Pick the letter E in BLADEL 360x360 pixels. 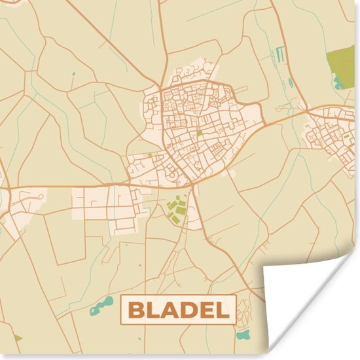point(207,309)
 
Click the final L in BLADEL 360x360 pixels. point(224,309)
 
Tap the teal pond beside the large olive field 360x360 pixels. point(338,83)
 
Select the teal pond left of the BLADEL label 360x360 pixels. point(101,304)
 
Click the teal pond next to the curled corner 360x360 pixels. point(243,334)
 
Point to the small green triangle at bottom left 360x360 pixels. point(17,338)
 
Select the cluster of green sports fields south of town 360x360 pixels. point(175,210)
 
